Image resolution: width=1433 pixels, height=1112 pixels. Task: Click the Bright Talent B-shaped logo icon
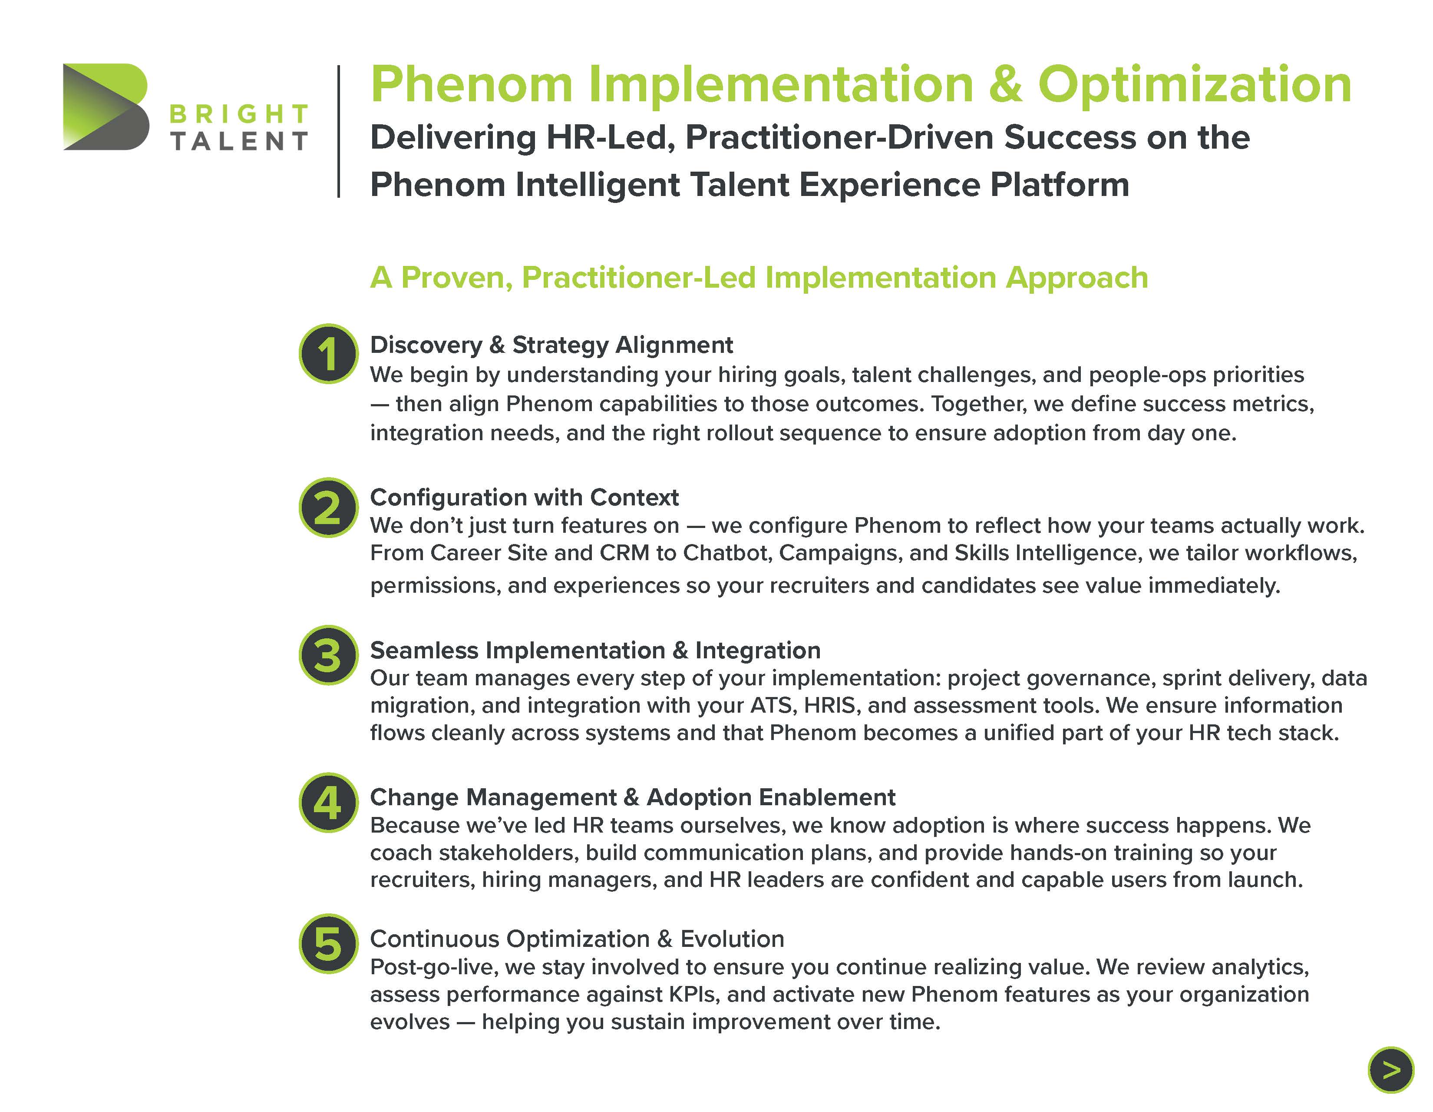pos(106,106)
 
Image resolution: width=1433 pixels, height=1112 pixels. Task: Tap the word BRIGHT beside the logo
pos(239,114)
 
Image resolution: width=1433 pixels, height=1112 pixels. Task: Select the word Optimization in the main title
pos(1194,85)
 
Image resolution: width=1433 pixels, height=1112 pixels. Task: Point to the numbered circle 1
pos(329,353)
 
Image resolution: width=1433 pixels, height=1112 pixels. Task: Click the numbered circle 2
pos(329,508)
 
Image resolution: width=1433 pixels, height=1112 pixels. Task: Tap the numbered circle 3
pos(329,655)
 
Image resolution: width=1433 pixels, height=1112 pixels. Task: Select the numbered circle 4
pos(329,802)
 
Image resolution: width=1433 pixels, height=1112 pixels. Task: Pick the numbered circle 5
pos(329,943)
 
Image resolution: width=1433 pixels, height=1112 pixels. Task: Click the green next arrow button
pos(1390,1070)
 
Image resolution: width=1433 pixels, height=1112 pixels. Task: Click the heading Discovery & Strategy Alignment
pos(551,345)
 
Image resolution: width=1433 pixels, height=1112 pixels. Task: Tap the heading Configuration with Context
pos(524,497)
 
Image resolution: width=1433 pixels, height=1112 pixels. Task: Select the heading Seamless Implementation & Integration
pos(595,650)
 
